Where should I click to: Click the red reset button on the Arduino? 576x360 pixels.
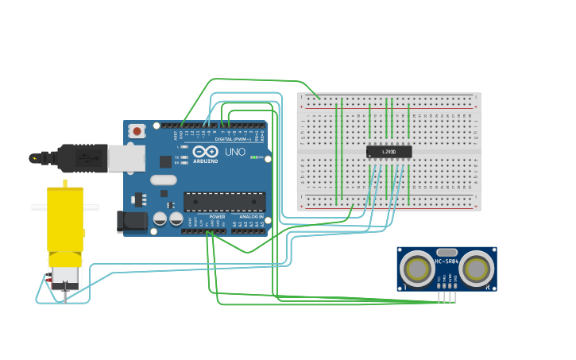[x=137, y=131]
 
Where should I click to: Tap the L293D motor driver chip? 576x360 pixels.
[x=389, y=151]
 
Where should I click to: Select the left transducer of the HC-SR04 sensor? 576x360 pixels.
[x=416, y=269]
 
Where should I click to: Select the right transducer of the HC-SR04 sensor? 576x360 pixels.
[x=476, y=269]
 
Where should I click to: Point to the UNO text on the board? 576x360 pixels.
[x=235, y=152]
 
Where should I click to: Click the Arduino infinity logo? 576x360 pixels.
[x=205, y=152]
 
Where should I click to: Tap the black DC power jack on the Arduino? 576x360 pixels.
[x=130, y=222]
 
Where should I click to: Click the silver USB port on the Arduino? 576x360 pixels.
[x=126, y=158]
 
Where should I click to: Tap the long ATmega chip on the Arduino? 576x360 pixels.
[x=225, y=202]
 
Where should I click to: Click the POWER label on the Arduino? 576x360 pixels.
[x=217, y=217]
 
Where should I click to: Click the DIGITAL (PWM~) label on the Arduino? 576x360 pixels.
[x=232, y=139]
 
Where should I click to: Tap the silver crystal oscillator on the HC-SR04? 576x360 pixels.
[x=446, y=252]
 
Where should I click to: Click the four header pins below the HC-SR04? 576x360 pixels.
[x=446, y=296]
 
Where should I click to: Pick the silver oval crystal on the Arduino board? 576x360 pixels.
[x=163, y=180]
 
